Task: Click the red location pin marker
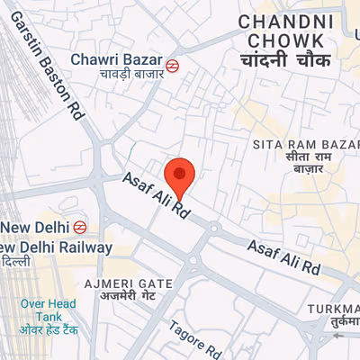pyautogui.click(x=180, y=175)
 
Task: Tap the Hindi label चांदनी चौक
pyautogui.click(x=286, y=61)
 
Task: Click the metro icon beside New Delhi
pyautogui.click(x=80, y=227)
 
